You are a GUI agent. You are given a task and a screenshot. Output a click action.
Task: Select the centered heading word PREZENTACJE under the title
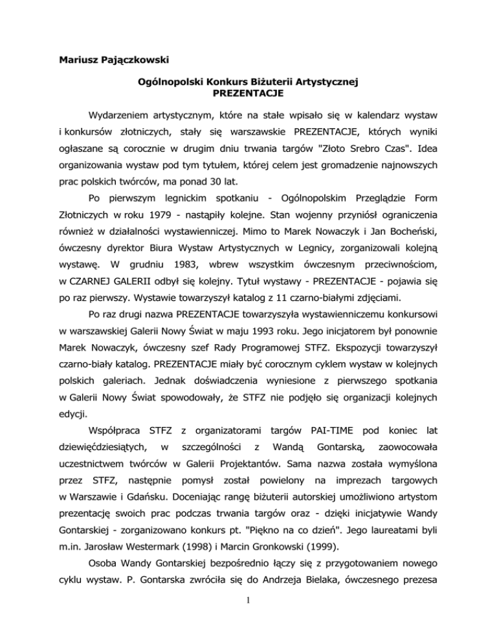pyautogui.click(x=248, y=94)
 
